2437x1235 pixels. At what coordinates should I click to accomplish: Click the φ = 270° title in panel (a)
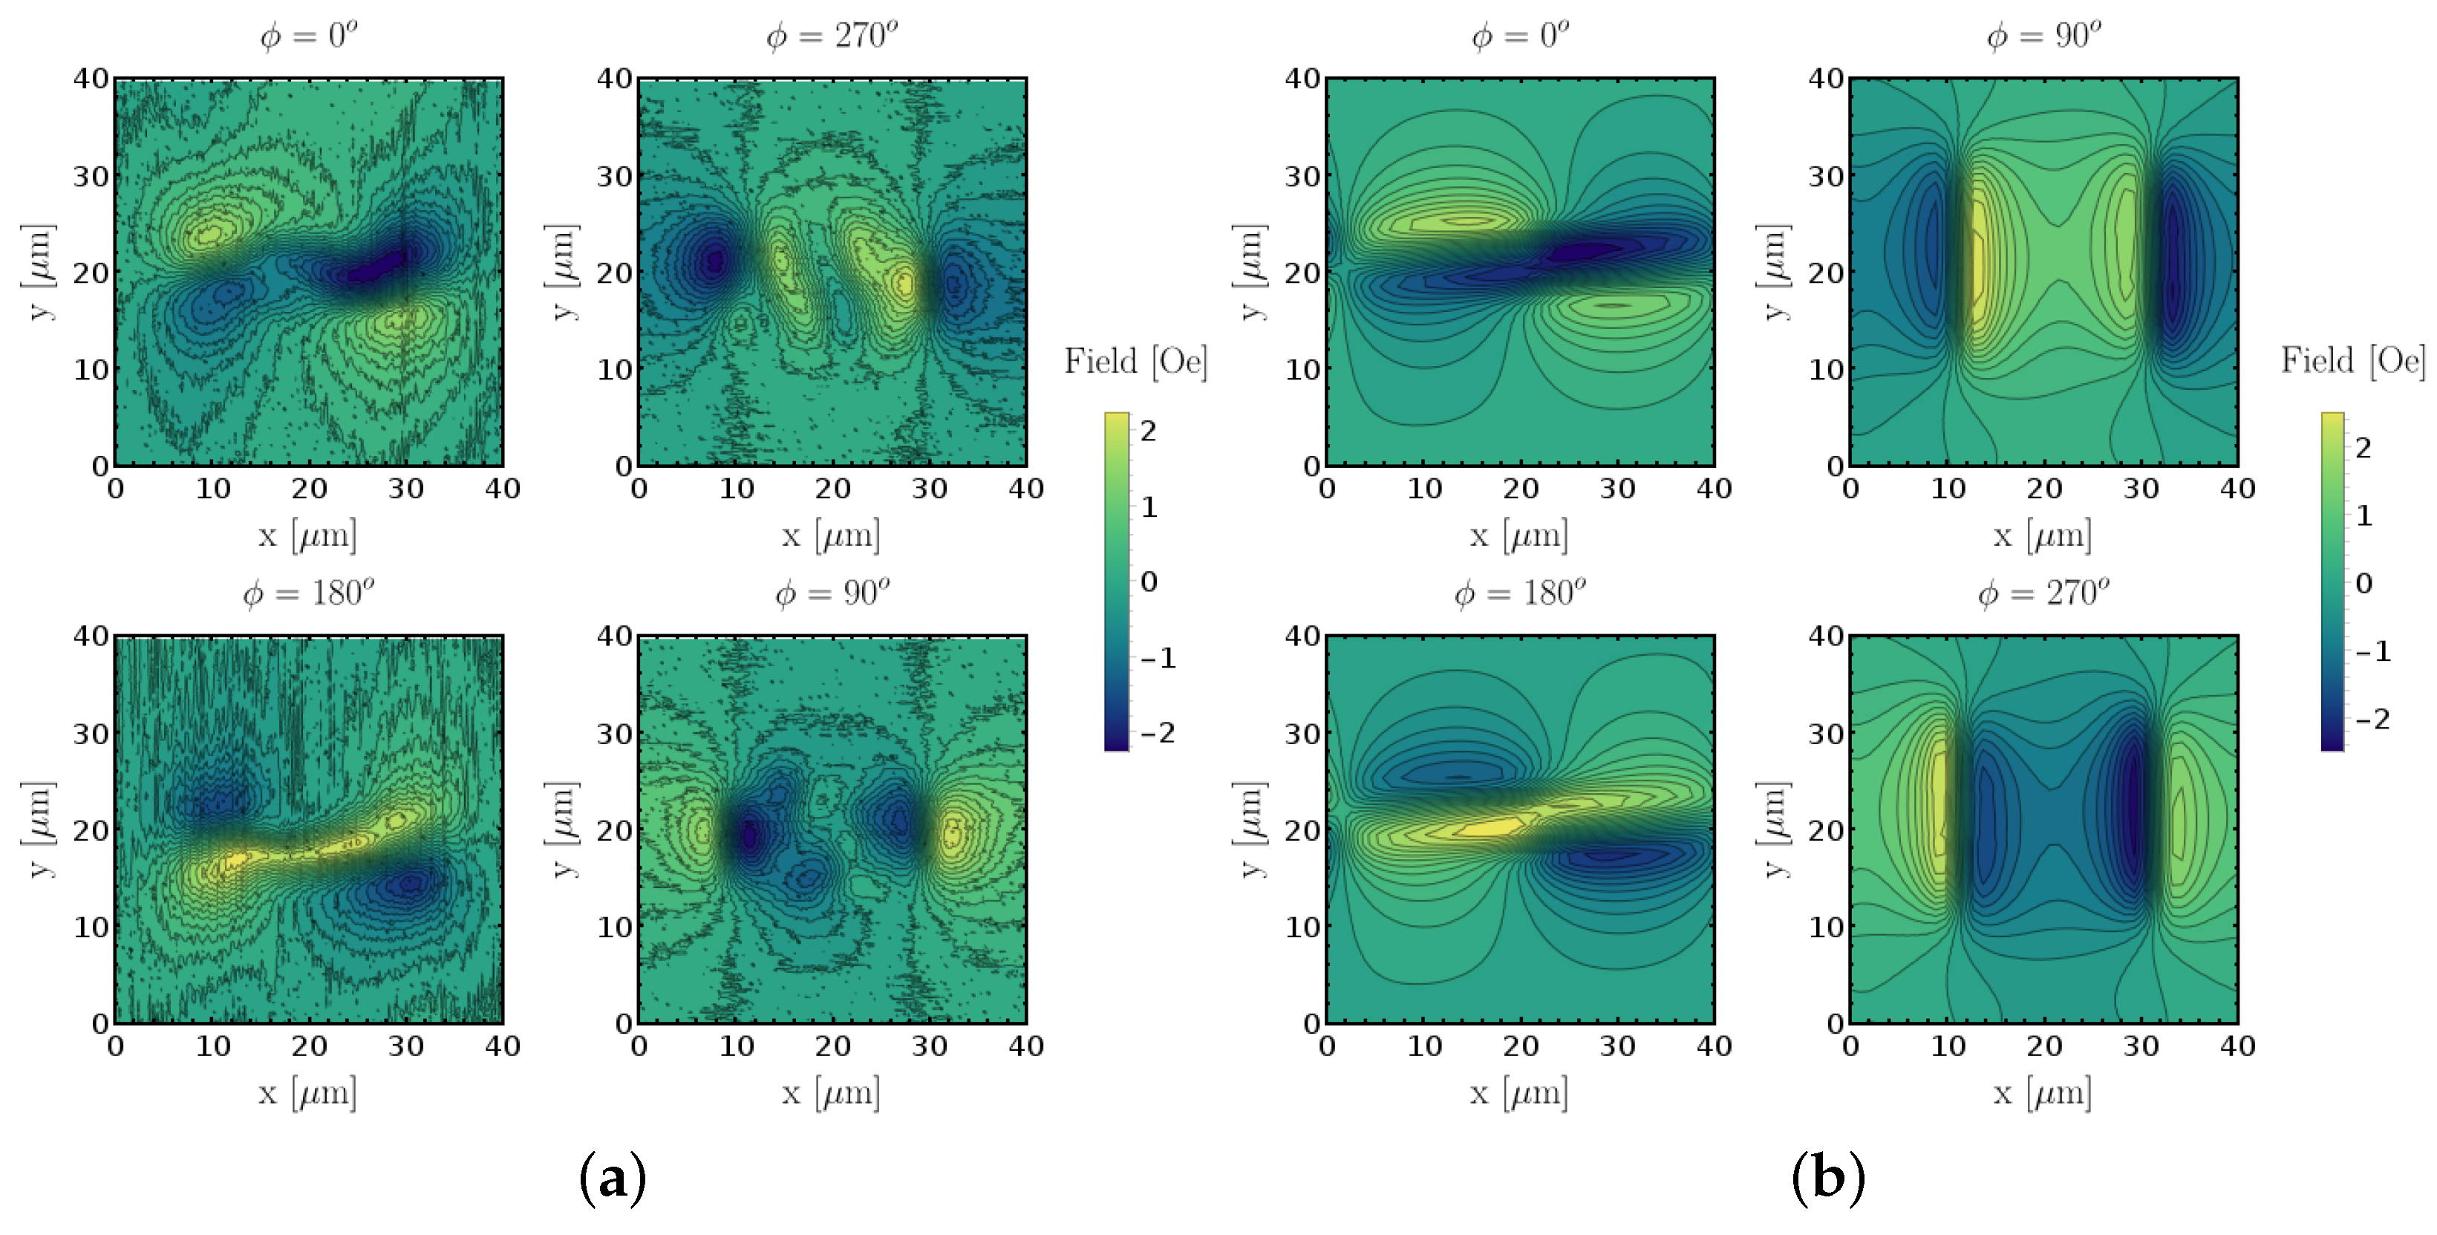pos(831,36)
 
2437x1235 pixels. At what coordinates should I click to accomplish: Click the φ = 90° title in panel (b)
pos(2043,36)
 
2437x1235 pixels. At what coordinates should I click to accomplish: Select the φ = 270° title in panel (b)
pos(2043,593)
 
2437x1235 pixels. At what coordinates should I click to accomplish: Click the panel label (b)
pos(1828,1179)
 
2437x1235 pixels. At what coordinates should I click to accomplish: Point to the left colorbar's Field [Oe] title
pos(1135,362)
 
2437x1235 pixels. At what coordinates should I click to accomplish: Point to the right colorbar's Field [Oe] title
pos(2353,361)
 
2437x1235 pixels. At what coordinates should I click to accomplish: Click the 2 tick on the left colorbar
pos(1149,431)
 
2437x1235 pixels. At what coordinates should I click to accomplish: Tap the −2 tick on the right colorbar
pos(2372,719)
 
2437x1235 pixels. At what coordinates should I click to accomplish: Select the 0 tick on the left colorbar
pos(1149,581)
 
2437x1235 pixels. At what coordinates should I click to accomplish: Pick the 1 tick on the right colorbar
pos(2364,516)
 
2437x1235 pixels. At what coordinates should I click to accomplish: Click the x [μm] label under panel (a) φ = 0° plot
pos(307,535)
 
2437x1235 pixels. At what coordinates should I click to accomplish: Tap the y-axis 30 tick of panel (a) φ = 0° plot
pos(91,176)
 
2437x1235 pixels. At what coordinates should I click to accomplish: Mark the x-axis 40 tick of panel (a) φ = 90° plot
pos(1025,1046)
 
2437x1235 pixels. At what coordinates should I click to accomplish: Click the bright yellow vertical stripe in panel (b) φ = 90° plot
pos(1977,260)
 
